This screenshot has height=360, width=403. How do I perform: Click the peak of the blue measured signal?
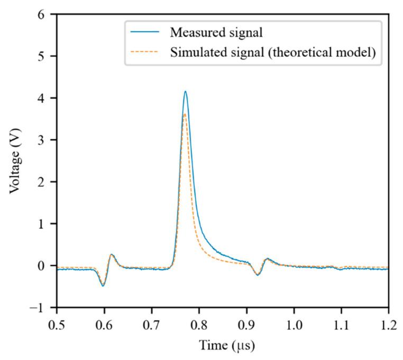[185, 92]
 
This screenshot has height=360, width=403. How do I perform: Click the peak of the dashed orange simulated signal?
[184, 114]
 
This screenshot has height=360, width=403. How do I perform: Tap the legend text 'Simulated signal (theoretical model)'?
[276, 53]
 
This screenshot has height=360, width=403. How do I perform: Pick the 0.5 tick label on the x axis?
[57, 322]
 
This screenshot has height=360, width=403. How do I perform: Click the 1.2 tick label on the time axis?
[388, 322]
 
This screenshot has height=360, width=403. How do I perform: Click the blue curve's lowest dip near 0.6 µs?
[103, 286]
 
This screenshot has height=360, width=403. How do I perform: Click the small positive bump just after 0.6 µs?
[112, 255]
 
